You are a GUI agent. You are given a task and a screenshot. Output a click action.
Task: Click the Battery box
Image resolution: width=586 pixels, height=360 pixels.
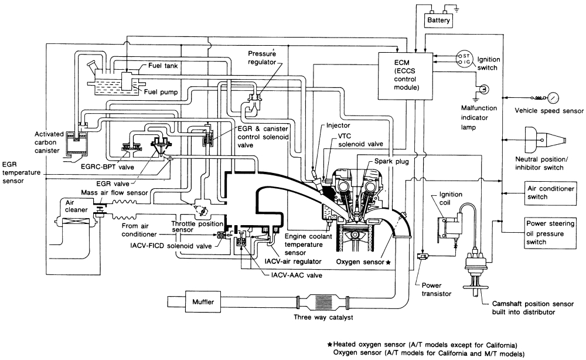[x=439, y=21]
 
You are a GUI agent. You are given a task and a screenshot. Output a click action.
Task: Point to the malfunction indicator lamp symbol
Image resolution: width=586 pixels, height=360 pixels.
[x=484, y=90]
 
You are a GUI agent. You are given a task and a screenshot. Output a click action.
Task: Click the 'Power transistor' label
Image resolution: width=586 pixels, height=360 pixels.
[x=436, y=290]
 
